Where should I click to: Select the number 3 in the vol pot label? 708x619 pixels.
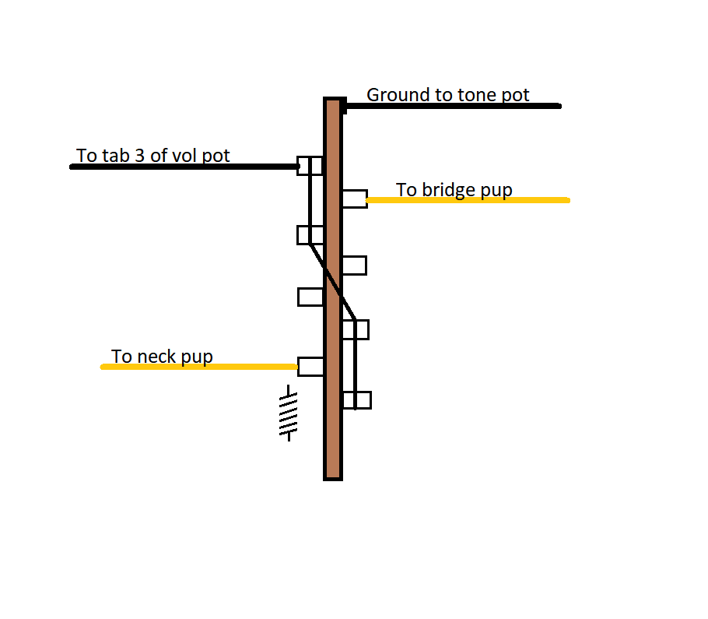pyautogui.click(x=140, y=156)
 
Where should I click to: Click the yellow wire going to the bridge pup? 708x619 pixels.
pyautogui.click(x=468, y=200)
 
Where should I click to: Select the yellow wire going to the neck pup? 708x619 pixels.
pyautogui.click(x=198, y=367)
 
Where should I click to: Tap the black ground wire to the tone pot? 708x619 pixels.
pyautogui.click(x=452, y=106)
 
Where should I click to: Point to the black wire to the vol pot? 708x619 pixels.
pyautogui.click(x=184, y=167)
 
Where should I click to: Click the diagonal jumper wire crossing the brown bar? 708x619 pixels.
pyautogui.click(x=332, y=282)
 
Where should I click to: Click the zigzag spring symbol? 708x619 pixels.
pyautogui.click(x=289, y=413)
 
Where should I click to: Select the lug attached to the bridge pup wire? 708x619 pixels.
pyautogui.click(x=355, y=199)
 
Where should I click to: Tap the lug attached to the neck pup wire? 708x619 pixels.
pyautogui.click(x=310, y=367)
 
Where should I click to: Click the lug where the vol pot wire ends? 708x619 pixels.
pyautogui.click(x=310, y=166)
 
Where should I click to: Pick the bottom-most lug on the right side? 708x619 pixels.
pyautogui.click(x=356, y=400)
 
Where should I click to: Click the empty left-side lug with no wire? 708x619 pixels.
pyautogui.click(x=310, y=297)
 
